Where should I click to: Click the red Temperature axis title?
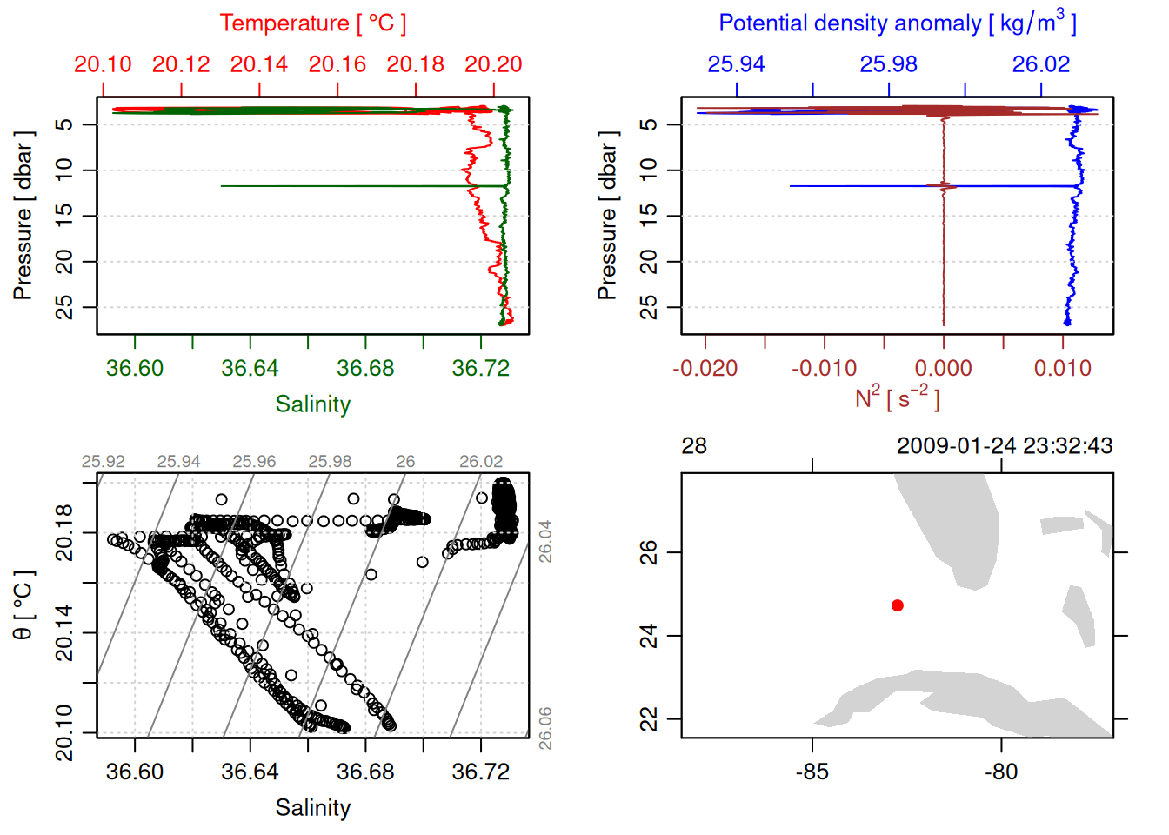coord(312,23)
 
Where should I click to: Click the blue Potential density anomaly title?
coord(897,23)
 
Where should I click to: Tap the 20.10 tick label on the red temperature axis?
coord(103,64)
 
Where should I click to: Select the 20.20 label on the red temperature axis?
coord(493,64)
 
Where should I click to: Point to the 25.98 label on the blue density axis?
coord(888,64)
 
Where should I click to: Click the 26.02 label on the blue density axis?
coord(1040,64)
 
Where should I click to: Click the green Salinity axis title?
coord(312,404)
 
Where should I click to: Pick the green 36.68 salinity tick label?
coord(365,368)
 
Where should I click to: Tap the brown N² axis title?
coord(897,398)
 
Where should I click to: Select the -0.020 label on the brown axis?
coord(705,368)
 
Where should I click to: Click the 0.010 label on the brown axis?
coord(1062,368)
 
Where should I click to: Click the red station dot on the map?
coord(898,605)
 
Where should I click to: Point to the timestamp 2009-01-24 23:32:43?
coord(1005,446)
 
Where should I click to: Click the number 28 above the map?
coord(694,446)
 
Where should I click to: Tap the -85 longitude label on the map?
coord(812,772)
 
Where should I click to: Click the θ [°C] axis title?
coord(23,605)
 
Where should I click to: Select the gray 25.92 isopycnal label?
coord(104,462)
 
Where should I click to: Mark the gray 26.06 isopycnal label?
coord(544,728)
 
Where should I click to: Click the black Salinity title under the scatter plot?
coord(312,808)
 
